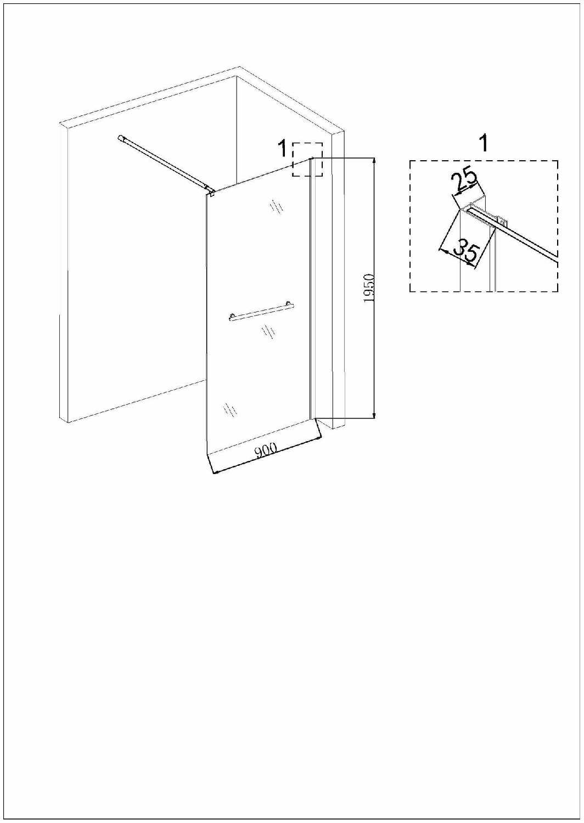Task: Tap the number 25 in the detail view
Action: point(464,182)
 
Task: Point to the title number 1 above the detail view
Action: point(485,143)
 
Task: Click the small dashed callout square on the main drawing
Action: point(307,160)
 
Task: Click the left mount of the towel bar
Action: point(232,317)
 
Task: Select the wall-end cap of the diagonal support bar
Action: point(120,138)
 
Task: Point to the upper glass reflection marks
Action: point(277,206)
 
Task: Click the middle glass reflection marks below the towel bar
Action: point(267,332)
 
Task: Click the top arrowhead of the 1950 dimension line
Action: point(374,161)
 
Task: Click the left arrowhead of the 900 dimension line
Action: point(216,472)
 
